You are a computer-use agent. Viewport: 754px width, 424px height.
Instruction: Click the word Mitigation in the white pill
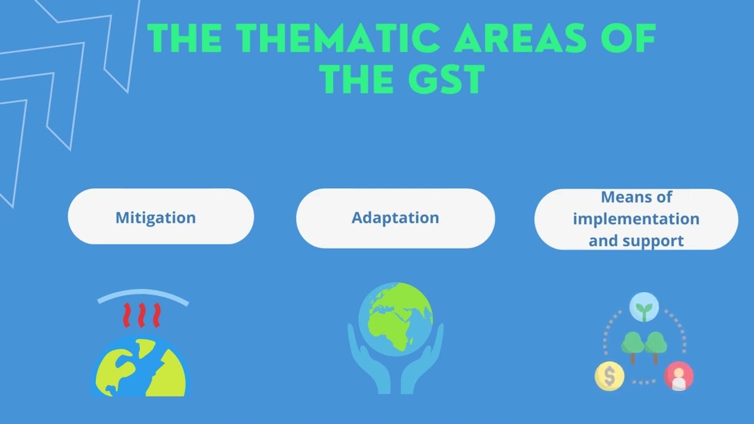156,217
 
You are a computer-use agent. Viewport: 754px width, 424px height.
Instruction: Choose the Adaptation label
395,217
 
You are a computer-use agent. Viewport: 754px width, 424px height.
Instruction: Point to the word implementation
636,218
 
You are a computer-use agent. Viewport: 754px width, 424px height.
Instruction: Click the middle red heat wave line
141,315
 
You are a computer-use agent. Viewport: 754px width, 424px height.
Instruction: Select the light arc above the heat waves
143,294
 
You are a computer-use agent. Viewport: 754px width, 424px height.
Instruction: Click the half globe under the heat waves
141,368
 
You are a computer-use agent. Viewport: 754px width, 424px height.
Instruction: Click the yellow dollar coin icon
609,376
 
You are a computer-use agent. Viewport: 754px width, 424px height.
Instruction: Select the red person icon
679,376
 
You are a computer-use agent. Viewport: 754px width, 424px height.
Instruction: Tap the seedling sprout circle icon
644,308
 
